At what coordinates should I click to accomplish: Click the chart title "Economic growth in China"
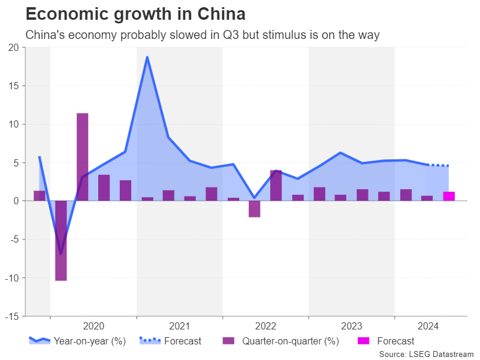(135, 13)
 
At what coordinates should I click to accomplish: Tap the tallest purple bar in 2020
(82, 157)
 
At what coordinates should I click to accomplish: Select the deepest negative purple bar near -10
(61, 240)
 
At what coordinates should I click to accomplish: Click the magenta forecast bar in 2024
(448, 196)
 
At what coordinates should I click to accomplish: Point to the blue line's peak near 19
(147, 58)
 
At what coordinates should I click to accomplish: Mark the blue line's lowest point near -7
(61, 253)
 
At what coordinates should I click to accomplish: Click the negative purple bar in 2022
(254, 208)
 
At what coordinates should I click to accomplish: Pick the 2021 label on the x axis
(179, 326)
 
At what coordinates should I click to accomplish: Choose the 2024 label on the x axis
(428, 326)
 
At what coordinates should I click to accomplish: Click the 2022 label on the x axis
(265, 326)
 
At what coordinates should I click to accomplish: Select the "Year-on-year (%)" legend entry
(89, 341)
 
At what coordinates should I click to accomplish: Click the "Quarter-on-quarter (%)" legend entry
(291, 341)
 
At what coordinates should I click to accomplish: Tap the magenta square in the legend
(364, 341)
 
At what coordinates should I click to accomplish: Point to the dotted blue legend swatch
(149, 341)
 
